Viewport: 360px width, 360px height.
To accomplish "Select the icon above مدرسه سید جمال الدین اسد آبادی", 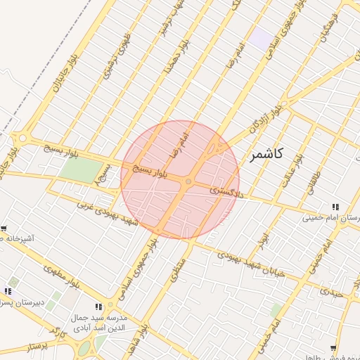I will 98,307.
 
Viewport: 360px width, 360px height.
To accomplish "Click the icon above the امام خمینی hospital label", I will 336,207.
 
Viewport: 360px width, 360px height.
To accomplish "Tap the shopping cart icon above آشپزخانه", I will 4,229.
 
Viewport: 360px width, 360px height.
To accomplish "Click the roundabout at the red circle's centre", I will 188,182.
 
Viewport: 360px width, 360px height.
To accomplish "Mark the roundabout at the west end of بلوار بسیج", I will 23,139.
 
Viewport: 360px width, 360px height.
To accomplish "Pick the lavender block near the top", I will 264,39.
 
